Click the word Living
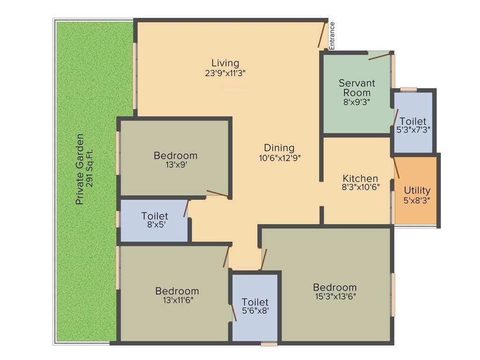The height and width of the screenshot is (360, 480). tap(225, 63)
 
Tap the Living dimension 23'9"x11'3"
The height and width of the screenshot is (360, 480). tap(225, 73)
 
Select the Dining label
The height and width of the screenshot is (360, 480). tap(279, 148)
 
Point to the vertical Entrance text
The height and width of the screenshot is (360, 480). tap(332, 36)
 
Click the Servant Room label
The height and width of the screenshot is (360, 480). tap(357, 88)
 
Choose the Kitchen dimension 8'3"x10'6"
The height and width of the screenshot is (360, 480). tap(360, 187)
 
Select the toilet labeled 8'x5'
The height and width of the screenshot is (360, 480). tap(155, 220)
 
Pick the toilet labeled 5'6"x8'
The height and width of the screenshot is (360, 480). tap(255, 307)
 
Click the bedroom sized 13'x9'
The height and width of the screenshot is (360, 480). tap(175, 159)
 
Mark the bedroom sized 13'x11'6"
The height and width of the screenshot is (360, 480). tap(177, 295)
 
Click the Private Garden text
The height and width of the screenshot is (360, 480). tap(80, 170)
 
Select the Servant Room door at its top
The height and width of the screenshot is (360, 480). tap(379, 56)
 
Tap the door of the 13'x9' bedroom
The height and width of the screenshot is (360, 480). tap(217, 193)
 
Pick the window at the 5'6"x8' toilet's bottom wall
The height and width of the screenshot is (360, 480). tap(269, 344)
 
